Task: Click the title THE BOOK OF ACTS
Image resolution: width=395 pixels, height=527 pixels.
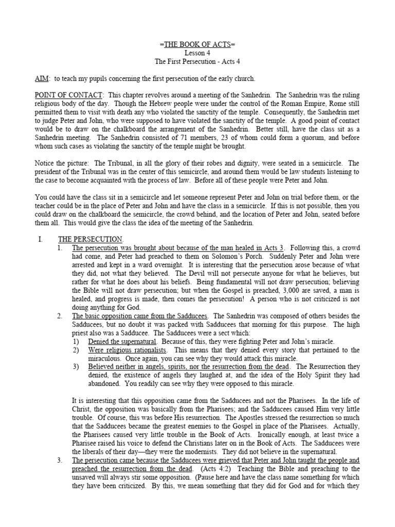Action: (197, 45)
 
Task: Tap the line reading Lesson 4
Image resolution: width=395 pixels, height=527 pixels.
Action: (197, 53)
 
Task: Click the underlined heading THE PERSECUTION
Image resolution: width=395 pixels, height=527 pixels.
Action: (90, 239)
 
